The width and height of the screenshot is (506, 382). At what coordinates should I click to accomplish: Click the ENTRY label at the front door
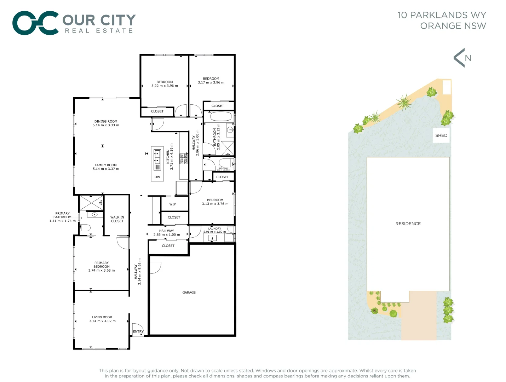[x=138, y=332]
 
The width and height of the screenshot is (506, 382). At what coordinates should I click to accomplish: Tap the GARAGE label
[x=189, y=293]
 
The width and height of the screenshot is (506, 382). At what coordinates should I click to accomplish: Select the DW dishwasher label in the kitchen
[x=157, y=177]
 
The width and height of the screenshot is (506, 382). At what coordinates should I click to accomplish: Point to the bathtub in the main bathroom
[x=221, y=116]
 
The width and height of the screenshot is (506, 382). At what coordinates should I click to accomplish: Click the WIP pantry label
[x=173, y=204]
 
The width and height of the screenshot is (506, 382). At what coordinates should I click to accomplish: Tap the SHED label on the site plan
[x=441, y=135]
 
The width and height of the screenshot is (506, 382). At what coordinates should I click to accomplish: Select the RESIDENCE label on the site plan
[x=408, y=224]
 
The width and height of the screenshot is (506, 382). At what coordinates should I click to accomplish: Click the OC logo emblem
[x=35, y=23]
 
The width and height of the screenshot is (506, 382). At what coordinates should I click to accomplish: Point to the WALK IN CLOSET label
[x=117, y=219]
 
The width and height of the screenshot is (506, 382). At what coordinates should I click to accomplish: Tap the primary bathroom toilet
[x=85, y=228]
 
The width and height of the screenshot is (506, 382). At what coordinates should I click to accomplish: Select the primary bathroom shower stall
[x=91, y=203]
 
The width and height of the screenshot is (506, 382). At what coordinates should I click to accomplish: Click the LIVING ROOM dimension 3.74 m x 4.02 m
[x=102, y=321]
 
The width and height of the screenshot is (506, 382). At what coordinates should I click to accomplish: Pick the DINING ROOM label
[x=106, y=121]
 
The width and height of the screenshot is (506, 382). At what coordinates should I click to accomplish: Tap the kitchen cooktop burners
[x=184, y=158]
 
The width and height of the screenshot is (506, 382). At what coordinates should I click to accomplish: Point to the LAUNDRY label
[x=214, y=228]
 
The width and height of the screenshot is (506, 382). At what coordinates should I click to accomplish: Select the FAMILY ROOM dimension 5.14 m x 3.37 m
[x=106, y=169]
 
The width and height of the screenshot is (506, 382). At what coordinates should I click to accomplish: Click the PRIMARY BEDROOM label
[x=102, y=265]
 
